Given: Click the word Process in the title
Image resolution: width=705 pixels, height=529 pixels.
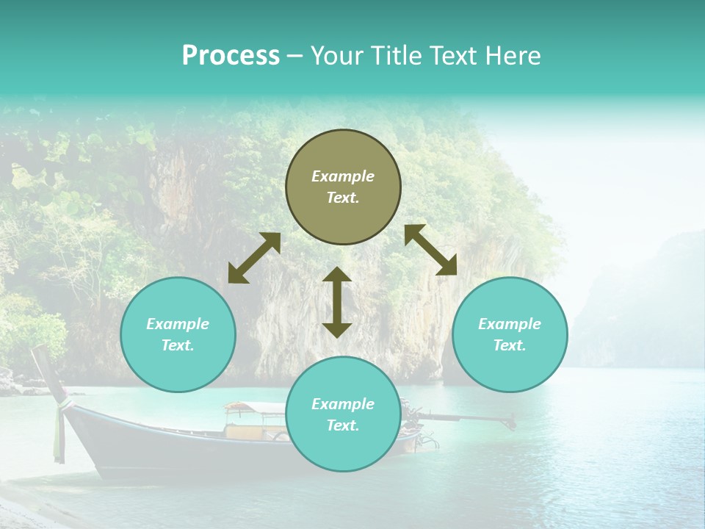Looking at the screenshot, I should click(x=231, y=56).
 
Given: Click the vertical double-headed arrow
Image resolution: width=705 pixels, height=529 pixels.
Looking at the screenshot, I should click(x=337, y=302).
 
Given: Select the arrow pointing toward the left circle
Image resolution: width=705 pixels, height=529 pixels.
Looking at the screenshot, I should click(x=254, y=258).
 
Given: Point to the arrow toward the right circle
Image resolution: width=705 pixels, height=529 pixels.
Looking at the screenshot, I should click(x=431, y=250).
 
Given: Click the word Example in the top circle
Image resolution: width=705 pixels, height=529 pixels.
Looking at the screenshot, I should click(x=343, y=176).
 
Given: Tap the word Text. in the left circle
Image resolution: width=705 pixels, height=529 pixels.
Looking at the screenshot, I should click(x=178, y=345).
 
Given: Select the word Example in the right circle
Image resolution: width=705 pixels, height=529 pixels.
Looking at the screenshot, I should click(x=510, y=324).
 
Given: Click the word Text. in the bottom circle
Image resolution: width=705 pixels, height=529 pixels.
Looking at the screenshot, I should click(x=343, y=425).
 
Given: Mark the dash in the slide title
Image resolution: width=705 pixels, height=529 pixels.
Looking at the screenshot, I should click(x=295, y=56).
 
